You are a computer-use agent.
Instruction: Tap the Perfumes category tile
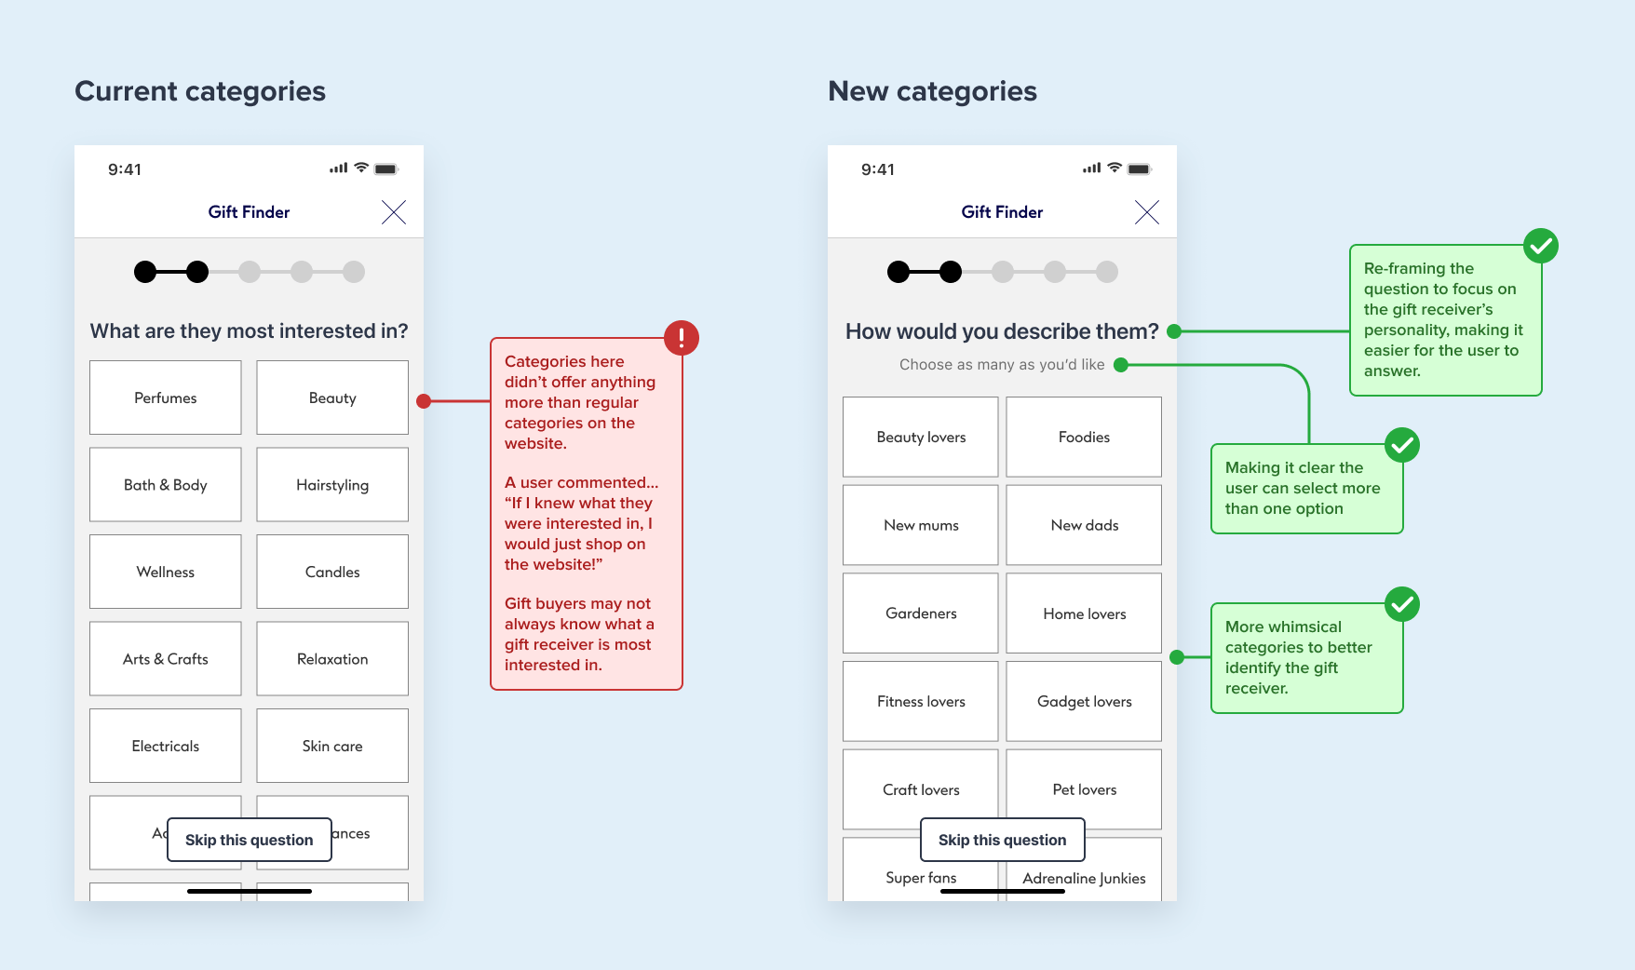165,397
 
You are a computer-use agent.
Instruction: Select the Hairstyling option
332,485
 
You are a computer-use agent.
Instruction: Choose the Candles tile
332,572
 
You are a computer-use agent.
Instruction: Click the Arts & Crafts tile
165,659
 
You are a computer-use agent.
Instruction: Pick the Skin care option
332,746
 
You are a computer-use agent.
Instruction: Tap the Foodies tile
1084,437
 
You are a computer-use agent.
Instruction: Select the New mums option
921,525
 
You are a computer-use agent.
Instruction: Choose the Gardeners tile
921,613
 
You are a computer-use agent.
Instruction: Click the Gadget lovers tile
1084,701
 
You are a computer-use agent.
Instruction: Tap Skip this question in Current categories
250,840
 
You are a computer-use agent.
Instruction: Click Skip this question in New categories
1003,840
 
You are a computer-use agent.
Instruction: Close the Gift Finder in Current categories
394,212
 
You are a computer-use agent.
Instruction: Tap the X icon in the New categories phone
1147,212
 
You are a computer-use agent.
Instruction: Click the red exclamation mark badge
682,337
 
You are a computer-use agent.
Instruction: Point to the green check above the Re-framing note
1541,246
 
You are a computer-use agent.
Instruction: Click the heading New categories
932,91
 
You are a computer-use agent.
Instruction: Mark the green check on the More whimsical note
1402,604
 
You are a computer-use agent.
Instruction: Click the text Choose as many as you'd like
1002,365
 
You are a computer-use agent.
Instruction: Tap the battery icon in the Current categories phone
386,169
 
